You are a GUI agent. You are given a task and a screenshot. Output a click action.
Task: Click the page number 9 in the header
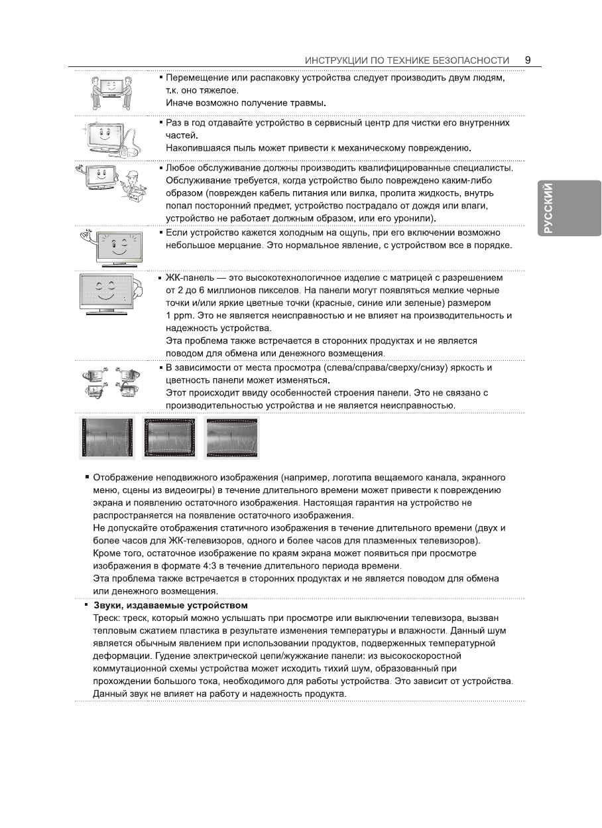click(527, 60)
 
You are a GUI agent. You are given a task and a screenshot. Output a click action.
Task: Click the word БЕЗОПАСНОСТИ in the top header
click(471, 60)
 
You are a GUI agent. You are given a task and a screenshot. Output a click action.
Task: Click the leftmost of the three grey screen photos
click(107, 438)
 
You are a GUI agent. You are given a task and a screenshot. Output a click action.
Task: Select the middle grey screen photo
click(169, 438)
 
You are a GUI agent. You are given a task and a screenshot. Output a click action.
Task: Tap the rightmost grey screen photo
click(231, 438)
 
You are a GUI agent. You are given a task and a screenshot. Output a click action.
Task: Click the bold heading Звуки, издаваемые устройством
click(170, 605)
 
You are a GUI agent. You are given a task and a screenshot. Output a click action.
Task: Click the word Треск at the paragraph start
click(105, 618)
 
